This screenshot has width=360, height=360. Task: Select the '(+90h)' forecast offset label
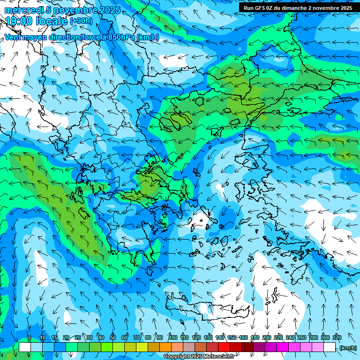(x=81, y=21)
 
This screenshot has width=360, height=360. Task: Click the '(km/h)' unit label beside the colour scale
(x=348, y=347)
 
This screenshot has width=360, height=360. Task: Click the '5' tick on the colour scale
(x=30, y=337)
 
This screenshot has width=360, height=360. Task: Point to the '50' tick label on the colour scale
(x=113, y=337)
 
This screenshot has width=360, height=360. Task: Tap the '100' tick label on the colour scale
(x=172, y=337)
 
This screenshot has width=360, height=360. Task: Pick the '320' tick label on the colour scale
(x=337, y=337)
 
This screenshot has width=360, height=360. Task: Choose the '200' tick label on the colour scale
(x=267, y=337)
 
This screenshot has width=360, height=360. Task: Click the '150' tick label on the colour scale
(x=232, y=337)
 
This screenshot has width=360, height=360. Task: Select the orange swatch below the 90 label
(x=165, y=347)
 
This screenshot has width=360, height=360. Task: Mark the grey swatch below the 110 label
(x=189, y=347)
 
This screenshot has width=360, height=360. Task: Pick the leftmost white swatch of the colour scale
(x=25, y=347)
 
